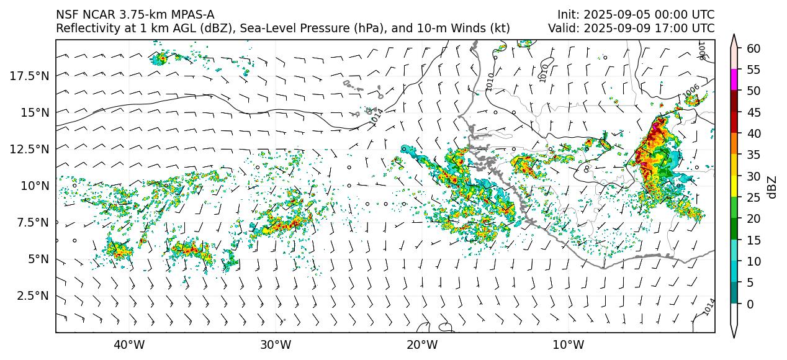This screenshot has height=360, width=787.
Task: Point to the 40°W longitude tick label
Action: (x=129, y=344)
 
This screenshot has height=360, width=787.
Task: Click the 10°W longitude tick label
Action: (x=568, y=344)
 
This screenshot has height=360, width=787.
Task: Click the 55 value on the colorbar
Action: (x=753, y=70)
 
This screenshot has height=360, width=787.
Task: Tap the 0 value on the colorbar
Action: (x=750, y=304)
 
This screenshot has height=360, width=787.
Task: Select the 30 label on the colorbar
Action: (x=753, y=176)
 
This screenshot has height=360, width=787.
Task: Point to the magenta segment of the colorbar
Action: (x=734, y=80)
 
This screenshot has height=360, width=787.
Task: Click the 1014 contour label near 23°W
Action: (x=377, y=117)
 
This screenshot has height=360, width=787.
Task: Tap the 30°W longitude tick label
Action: (x=276, y=344)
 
